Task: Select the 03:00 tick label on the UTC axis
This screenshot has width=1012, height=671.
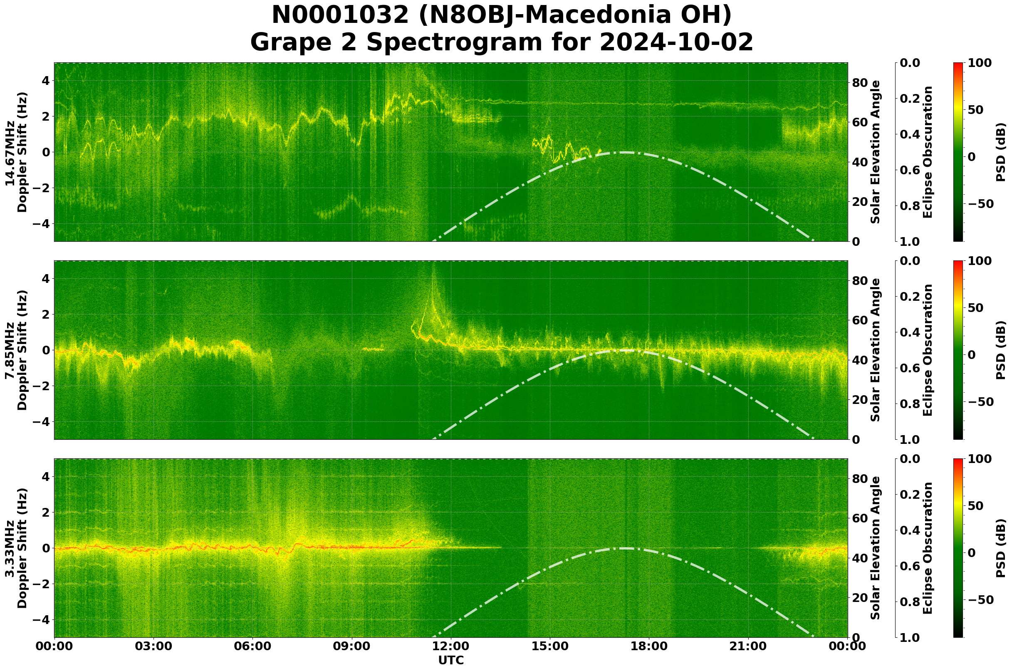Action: (x=153, y=646)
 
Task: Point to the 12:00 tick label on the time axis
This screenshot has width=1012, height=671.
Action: (x=451, y=646)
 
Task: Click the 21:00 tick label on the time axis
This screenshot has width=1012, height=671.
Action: (x=748, y=646)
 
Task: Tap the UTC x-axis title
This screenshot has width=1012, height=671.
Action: (x=451, y=660)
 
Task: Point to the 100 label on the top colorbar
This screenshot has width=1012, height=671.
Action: (x=980, y=63)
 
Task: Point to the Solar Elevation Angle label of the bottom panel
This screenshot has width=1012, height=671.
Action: (x=876, y=548)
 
